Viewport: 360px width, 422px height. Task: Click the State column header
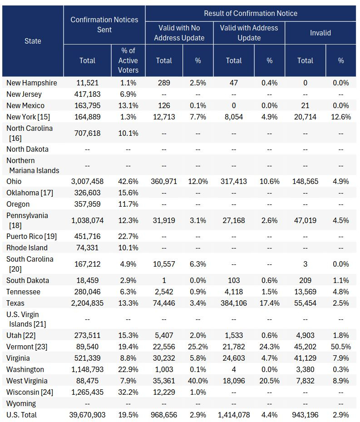(x=33, y=41)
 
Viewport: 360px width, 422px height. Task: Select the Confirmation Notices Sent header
(x=104, y=25)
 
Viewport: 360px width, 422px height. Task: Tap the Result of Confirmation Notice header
(x=251, y=13)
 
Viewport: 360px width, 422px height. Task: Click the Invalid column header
(x=321, y=33)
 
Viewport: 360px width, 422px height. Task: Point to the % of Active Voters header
(x=128, y=60)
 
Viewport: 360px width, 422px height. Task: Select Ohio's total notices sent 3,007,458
(x=87, y=181)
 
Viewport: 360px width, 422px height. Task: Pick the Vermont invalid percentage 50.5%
(x=340, y=347)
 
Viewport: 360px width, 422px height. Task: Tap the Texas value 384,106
(x=234, y=303)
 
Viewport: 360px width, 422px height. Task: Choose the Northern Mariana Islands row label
(x=33, y=165)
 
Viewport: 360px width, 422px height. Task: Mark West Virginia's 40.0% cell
(x=198, y=381)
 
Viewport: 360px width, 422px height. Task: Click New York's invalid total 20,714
(x=305, y=117)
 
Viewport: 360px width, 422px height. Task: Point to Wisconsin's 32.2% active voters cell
(x=128, y=392)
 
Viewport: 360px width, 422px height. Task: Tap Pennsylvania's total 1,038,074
(x=87, y=220)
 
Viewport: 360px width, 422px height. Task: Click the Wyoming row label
(x=21, y=403)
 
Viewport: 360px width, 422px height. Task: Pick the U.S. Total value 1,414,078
(x=234, y=415)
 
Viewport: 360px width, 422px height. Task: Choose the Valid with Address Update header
(x=249, y=33)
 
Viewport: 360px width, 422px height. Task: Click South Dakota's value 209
(x=305, y=280)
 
